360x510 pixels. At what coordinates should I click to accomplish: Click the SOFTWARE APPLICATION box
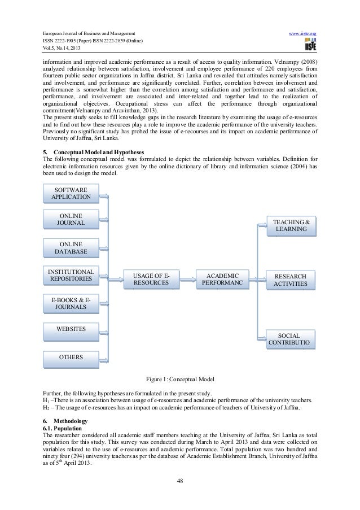point(71,193)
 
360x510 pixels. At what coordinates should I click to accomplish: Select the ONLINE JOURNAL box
point(71,219)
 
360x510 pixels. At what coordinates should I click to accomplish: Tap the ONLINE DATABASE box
point(71,247)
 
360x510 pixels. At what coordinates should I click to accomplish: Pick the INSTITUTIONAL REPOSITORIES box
point(71,275)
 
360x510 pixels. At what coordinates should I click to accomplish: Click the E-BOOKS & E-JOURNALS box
point(71,303)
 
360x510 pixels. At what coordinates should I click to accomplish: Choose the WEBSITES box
point(71,329)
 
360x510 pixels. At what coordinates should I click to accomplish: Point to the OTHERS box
point(71,358)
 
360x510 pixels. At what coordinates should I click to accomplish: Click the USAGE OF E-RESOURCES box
point(151,278)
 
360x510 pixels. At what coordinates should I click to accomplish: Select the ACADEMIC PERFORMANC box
point(222,278)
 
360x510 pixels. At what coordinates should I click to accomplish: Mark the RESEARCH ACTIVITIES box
point(291,280)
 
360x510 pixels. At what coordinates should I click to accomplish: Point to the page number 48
point(179,481)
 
